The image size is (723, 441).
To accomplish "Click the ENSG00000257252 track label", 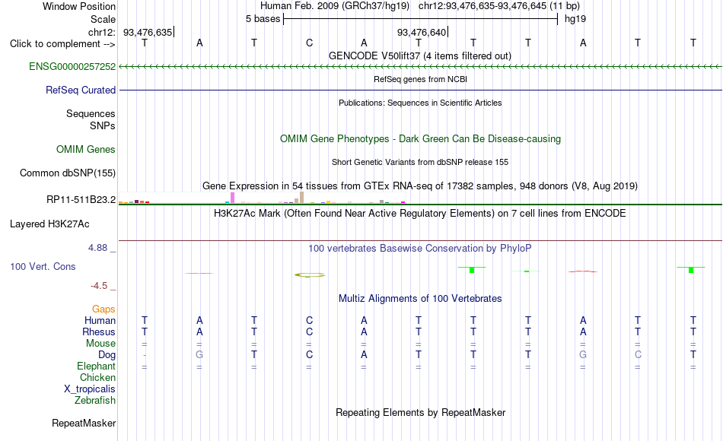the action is [x=72, y=66].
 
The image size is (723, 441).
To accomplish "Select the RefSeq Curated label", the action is [x=81, y=90].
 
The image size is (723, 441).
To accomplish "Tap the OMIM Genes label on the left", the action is [x=86, y=149].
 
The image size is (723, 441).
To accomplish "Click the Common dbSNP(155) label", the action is [x=67, y=173].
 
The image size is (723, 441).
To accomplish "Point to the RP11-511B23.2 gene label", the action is [x=81, y=199].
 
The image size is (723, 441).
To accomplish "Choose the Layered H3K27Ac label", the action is [x=49, y=224].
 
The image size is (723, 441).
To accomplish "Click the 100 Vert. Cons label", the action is [x=43, y=266].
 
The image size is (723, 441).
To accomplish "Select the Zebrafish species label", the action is [x=95, y=400].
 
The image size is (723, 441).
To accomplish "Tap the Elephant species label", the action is [x=97, y=366].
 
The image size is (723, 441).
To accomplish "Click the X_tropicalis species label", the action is [x=90, y=389].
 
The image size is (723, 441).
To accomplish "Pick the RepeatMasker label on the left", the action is [x=84, y=423].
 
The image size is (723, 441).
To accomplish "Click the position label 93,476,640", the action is [x=422, y=32].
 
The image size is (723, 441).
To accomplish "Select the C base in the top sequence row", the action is [x=310, y=43].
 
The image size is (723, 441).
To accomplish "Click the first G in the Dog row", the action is [x=199, y=354].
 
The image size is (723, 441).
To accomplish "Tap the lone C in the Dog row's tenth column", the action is [x=638, y=354].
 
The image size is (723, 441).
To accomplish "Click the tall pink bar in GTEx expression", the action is [x=232, y=198].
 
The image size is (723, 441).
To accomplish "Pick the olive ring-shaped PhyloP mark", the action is [x=310, y=274].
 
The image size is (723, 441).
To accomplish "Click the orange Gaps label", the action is [x=104, y=309].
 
